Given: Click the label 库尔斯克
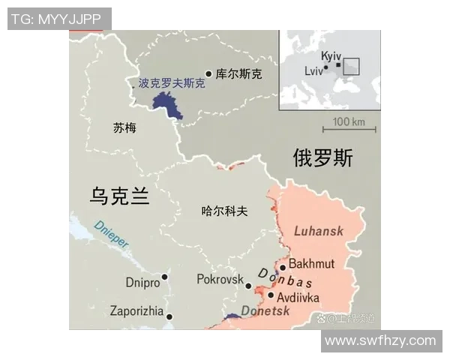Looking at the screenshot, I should tap(239, 74).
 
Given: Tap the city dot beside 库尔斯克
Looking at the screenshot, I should tap(208, 74).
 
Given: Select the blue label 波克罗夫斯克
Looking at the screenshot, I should tap(172, 83).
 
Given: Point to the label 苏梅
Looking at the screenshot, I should tap(124, 127).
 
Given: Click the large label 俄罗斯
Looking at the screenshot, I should tap(322, 158).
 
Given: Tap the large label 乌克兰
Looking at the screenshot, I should tap(120, 196).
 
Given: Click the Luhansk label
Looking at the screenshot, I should tap(319, 230).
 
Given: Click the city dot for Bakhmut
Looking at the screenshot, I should tap(283, 267).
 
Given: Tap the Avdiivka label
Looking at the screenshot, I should tap(298, 297).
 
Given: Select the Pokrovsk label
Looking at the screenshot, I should tap(219, 279).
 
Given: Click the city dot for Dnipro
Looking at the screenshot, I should tap(164, 277).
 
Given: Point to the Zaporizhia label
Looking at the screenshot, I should tap(136, 311).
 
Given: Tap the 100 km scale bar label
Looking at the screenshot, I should tap(349, 121).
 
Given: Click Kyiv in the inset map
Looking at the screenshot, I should tap(331, 56).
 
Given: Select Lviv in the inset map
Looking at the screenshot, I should tap(314, 70).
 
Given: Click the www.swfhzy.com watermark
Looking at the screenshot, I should tap(381, 341).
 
